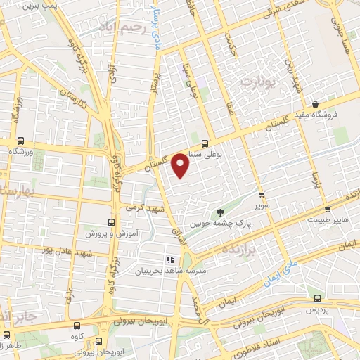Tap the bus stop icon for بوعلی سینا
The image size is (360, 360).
pyautogui.click(x=205, y=141)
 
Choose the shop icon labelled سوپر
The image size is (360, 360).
pyautogui.click(x=262, y=195)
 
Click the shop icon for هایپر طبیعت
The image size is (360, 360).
pyautogui.click(x=327, y=209)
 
